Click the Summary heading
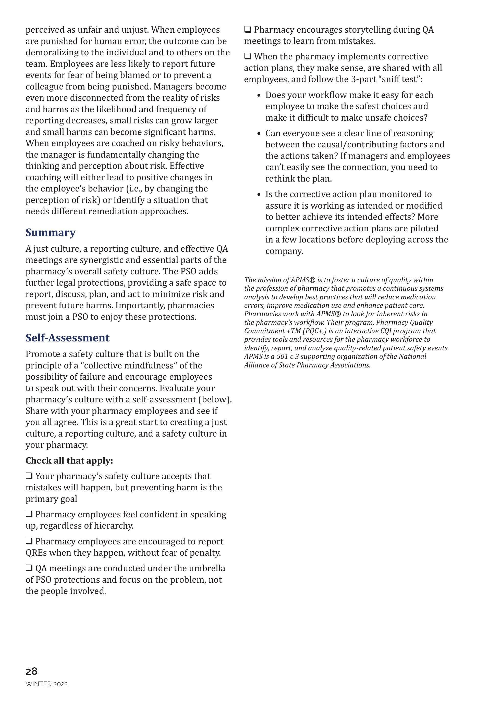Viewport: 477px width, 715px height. (x=51, y=233)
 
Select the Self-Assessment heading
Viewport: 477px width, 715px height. (x=68, y=338)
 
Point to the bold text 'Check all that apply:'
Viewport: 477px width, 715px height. (x=69, y=461)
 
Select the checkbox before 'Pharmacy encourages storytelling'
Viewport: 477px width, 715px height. (x=248, y=30)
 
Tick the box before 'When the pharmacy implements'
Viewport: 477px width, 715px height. (x=248, y=57)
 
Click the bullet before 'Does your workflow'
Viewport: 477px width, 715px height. (x=259, y=95)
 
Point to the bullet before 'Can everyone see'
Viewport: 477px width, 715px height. (x=259, y=134)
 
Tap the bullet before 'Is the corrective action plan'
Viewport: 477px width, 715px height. (x=259, y=195)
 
